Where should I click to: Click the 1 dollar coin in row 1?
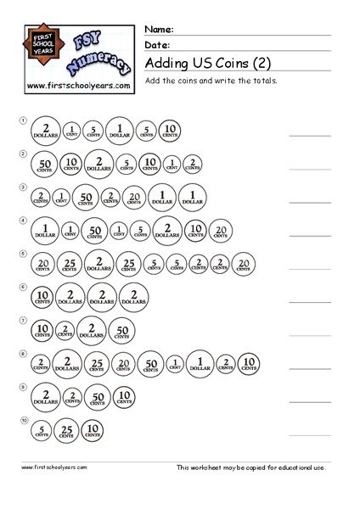coord(120,131)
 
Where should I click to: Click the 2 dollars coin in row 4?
coord(169,230)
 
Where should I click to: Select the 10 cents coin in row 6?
coord(42,296)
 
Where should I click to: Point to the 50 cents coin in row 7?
coord(122,329)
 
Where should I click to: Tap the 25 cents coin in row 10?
coord(67,429)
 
